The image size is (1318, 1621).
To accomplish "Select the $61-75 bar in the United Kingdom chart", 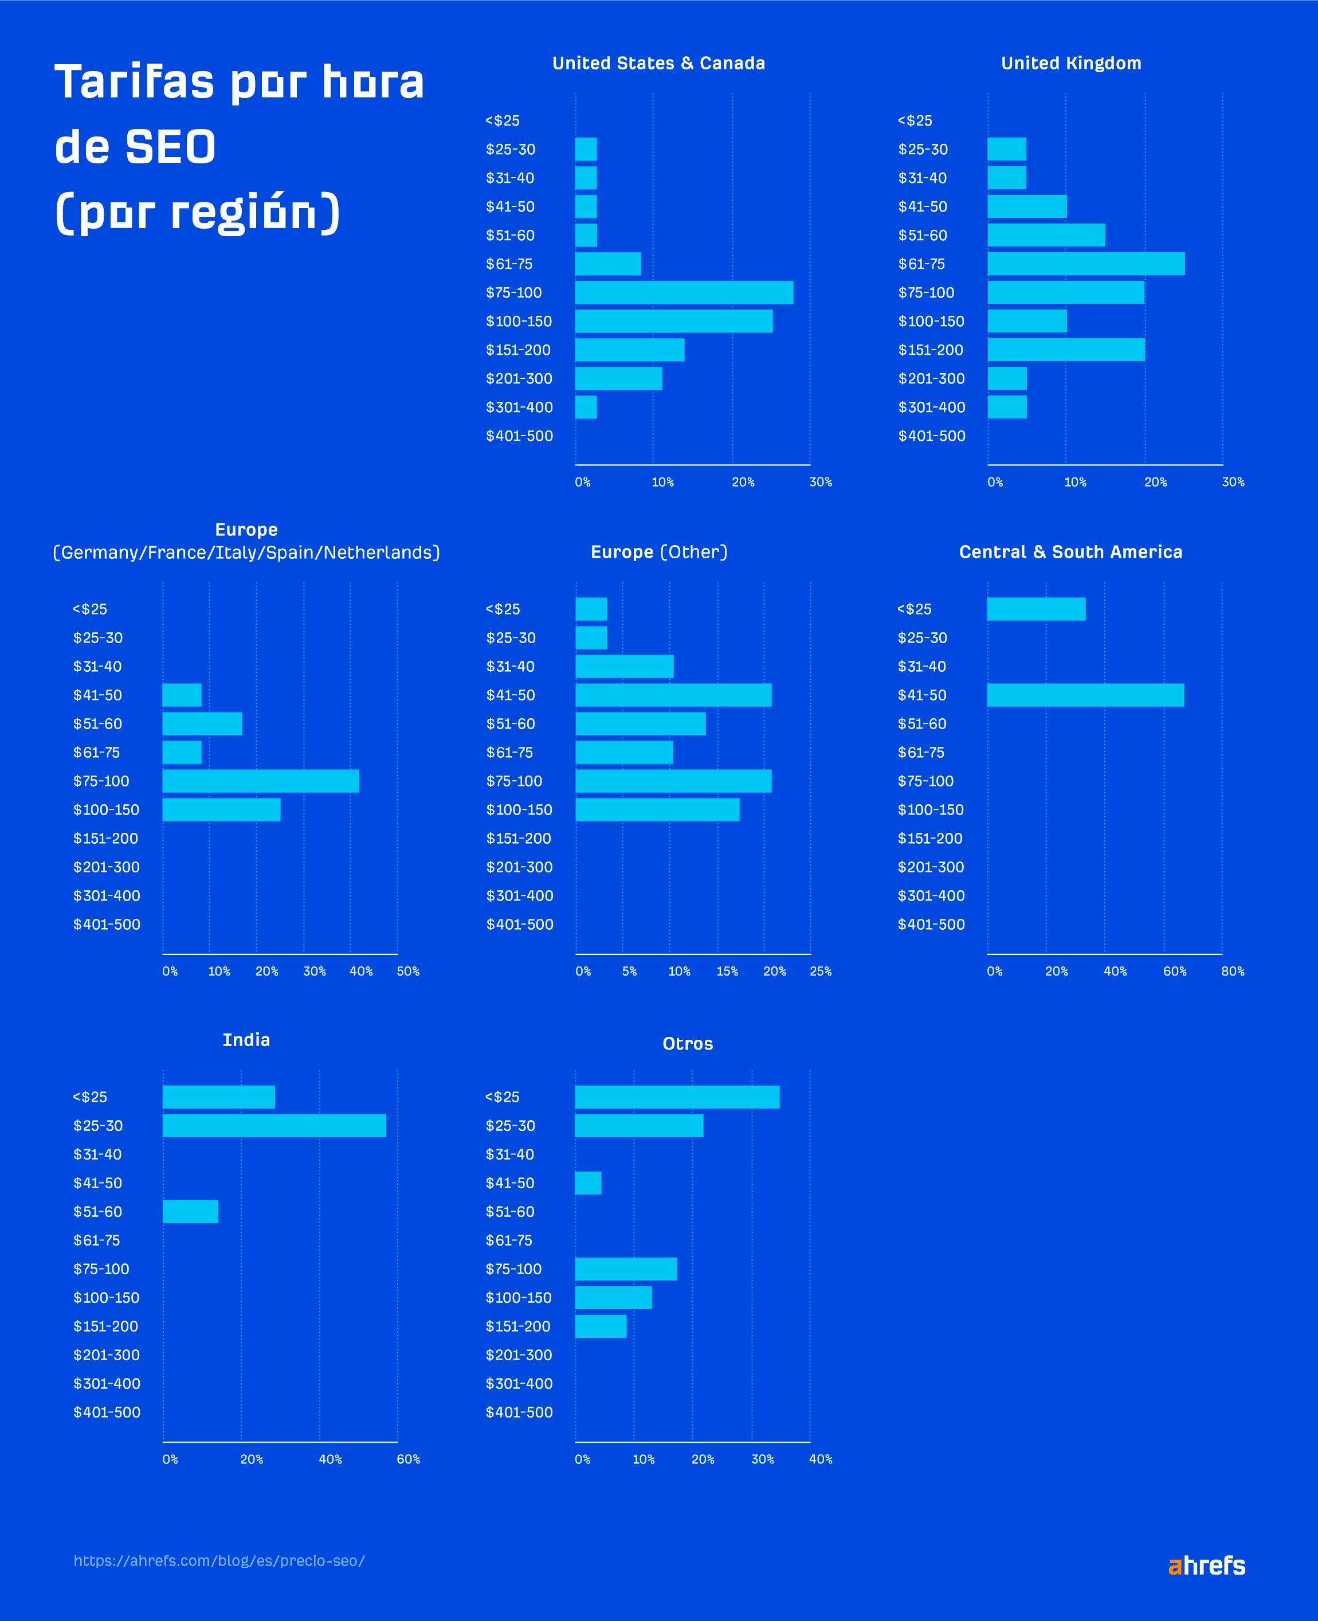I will tap(1086, 264).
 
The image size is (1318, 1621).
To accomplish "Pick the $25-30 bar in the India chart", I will tap(274, 1125).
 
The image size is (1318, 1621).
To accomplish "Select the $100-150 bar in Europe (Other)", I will tap(657, 809).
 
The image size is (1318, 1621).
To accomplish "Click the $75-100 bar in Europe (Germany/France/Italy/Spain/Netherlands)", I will tap(260, 781).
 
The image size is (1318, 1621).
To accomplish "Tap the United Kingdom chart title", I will tap(1070, 63).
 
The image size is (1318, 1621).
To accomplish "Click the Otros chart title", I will tap(687, 1043).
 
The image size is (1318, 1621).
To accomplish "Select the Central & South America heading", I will tap(1070, 552).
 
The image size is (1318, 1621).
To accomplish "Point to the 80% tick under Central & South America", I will tap(1232, 971).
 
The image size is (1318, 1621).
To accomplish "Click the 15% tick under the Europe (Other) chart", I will tap(727, 971).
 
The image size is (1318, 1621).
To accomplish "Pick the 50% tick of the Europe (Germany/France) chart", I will tap(407, 971).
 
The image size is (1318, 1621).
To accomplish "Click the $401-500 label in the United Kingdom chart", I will tap(932, 436).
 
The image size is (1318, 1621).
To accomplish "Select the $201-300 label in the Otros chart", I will tap(519, 1354).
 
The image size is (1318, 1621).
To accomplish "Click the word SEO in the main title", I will tap(170, 147).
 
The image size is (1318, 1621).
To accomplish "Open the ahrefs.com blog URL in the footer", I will tap(219, 1560).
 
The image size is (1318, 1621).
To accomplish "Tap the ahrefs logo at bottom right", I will tap(1206, 1565).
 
